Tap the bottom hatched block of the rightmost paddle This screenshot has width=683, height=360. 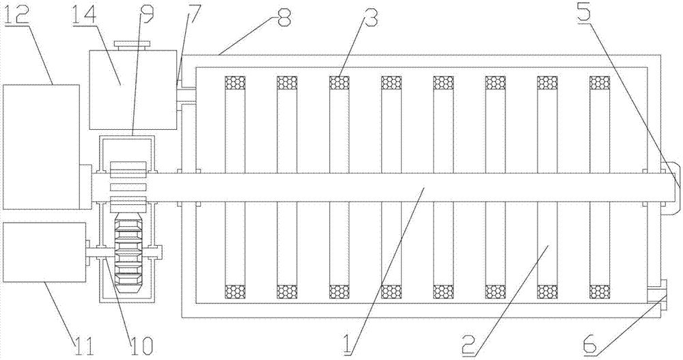click(x=600, y=292)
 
